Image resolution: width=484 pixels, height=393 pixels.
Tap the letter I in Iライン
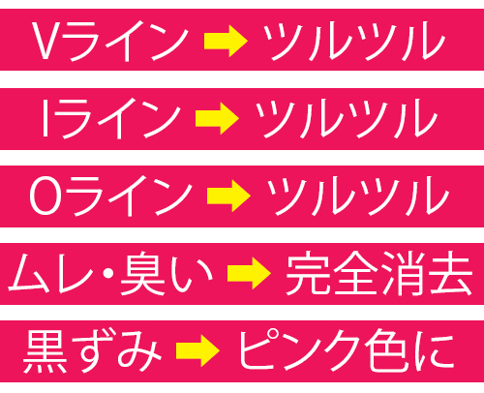tap(45, 118)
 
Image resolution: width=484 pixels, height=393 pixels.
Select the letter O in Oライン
tap(45, 196)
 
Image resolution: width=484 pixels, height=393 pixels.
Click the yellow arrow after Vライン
tap(226, 42)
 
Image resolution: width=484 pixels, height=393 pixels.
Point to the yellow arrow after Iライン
tap(217, 118)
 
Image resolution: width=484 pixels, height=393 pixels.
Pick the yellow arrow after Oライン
tap(228, 196)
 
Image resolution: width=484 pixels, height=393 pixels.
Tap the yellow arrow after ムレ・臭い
tap(249, 273)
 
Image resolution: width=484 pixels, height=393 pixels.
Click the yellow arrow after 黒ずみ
tap(197, 350)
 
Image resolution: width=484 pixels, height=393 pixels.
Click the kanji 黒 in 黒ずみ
tap(45, 351)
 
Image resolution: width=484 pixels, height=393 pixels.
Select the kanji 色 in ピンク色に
tap(387, 351)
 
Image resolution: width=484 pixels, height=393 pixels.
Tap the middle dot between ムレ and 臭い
tap(108, 274)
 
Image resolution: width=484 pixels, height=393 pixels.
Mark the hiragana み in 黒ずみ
tap(139, 351)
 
